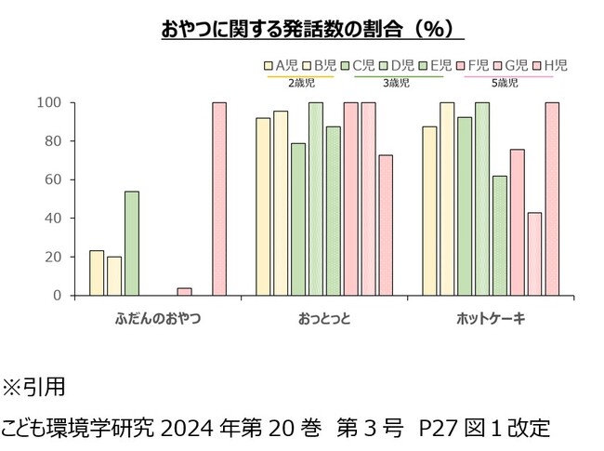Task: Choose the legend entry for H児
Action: pos(555,65)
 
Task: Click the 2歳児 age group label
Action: pos(301,83)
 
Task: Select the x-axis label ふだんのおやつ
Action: pos(158,319)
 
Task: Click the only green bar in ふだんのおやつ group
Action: pos(132,244)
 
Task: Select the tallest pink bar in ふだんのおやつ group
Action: pos(219,199)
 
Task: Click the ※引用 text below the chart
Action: pos(34,385)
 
